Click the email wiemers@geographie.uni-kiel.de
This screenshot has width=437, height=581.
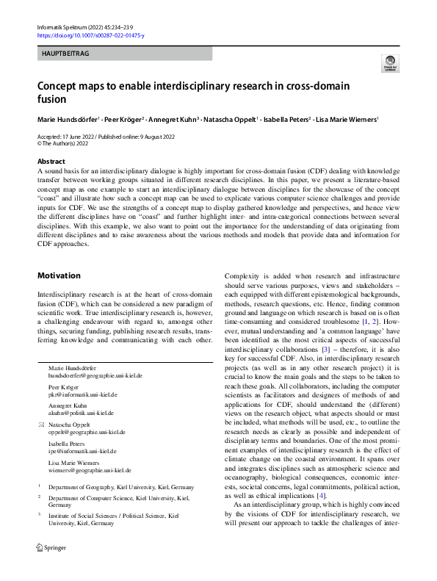(90, 470)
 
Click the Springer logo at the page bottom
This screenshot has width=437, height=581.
(51, 569)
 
